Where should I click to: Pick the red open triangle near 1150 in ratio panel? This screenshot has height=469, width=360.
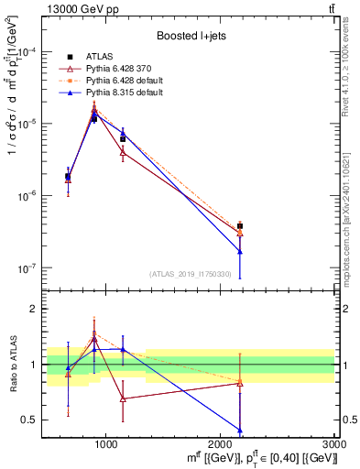pos(123,398)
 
